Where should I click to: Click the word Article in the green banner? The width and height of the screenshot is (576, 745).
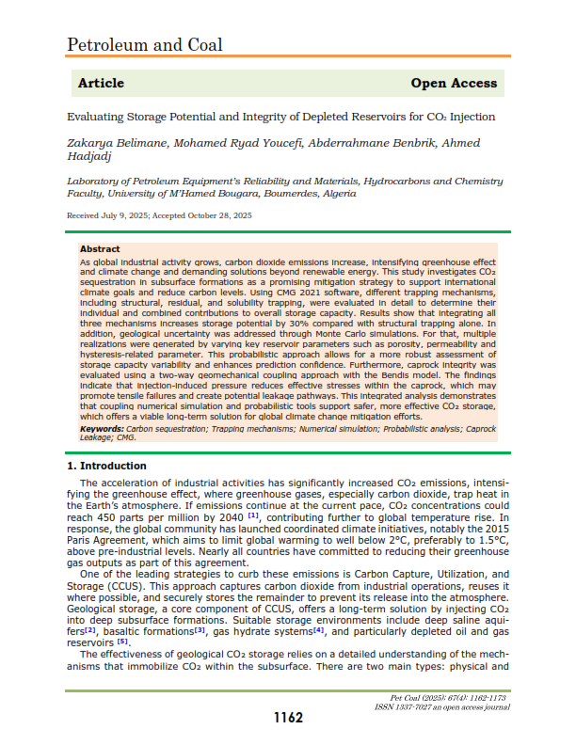(101, 83)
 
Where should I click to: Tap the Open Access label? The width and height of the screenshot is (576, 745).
(454, 83)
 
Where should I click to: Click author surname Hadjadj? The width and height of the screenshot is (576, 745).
(90, 158)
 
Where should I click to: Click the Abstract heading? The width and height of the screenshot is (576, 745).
(100, 249)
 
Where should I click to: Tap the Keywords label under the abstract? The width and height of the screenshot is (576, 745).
(102, 428)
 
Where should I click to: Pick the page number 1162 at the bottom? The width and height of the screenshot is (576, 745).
(288, 718)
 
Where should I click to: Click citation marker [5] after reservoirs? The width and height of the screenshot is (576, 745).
(122, 642)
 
